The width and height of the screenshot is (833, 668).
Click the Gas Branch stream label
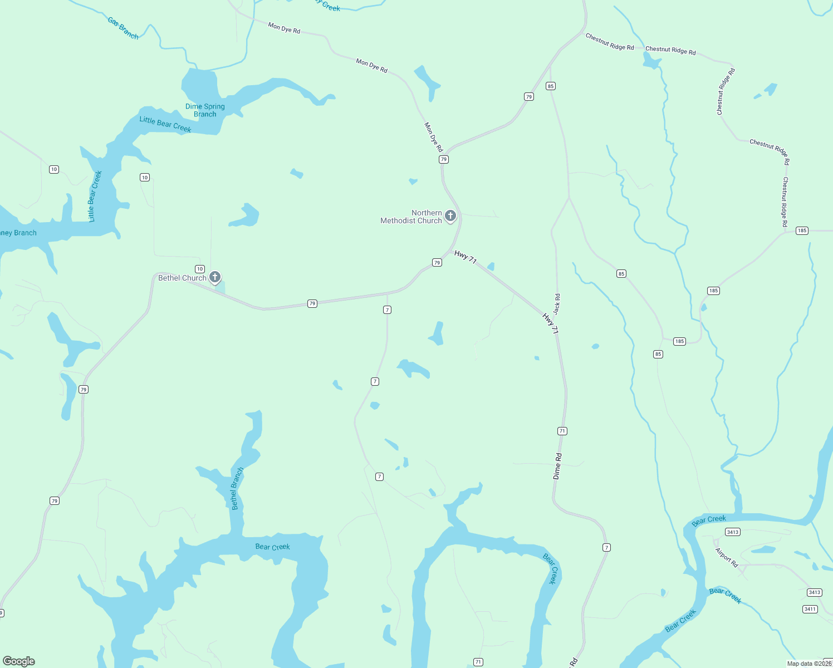pyautogui.click(x=123, y=28)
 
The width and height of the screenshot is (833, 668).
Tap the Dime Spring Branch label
pyautogui.click(x=205, y=110)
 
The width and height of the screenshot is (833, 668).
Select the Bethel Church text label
pyautogui.click(x=182, y=278)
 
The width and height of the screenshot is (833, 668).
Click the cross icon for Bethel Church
pyautogui.click(x=215, y=277)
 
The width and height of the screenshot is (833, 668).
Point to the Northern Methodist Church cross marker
pyautogui.click(x=450, y=215)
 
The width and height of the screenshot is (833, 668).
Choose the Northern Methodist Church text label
pyautogui.click(x=411, y=217)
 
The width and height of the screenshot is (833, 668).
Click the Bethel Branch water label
pyautogui.click(x=237, y=488)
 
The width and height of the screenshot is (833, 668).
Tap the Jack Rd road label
pyautogui.click(x=557, y=304)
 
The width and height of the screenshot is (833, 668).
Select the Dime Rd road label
pyautogui.click(x=557, y=466)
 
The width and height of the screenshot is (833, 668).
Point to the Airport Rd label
pyautogui.click(x=727, y=557)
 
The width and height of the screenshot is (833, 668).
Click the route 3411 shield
pyautogui.click(x=810, y=609)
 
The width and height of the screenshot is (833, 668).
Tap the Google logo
pyautogui.click(x=19, y=661)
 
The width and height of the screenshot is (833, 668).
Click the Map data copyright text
pyautogui.click(x=809, y=664)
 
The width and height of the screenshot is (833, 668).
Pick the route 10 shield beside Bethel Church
pyautogui.click(x=200, y=269)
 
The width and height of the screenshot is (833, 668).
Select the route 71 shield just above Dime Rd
pyautogui.click(x=562, y=431)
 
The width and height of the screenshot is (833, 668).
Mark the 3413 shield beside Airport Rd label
pyautogui.click(x=733, y=532)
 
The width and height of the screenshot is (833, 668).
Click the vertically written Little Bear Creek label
pyautogui.click(x=96, y=196)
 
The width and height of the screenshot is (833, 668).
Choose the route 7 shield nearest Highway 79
pyautogui.click(x=387, y=310)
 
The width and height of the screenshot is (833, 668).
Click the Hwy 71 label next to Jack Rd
pyautogui.click(x=550, y=323)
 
